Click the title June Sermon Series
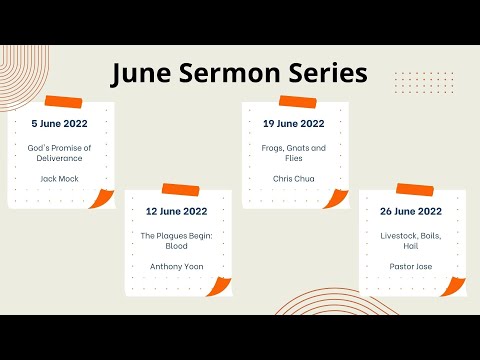click(x=239, y=73)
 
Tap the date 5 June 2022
click(x=60, y=124)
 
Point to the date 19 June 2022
click(x=295, y=124)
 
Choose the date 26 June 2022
click(x=412, y=211)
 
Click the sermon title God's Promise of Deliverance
click(x=60, y=153)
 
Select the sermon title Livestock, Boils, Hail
click(x=412, y=240)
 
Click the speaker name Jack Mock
click(x=60, y=178)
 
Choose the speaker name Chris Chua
click(x=295, y=178)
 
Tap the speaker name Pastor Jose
click(x=412, y=267)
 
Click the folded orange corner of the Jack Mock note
click(x=102, y=199)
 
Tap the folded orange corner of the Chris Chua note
click(x=337, y=199)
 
